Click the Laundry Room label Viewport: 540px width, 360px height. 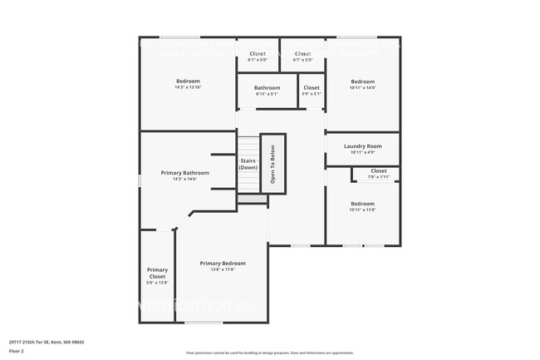pyautogui.click(x=362, y=146)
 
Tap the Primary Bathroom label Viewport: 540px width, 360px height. pyautogui.click(x=184, y=173)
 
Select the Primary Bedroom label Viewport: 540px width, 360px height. pyautogui.click(x=223, y=264)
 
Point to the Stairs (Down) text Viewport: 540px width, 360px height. pyautogui.click(x=248, y=164)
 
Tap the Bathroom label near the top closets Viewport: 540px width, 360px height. pyautogui.click(x=267, y=87)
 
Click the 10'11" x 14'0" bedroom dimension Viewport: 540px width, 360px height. pyautogui.click(x=362, y=87)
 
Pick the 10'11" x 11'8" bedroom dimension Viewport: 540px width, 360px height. pyautogui.click(x=362, y=210)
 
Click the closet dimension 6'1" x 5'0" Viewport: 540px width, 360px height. pyautogui.click(x=258, y=60)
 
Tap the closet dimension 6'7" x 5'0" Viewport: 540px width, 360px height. pyautogui.click(x=302, y=60)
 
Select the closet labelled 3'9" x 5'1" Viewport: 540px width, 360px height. pyautogui.click(x=311, y=93)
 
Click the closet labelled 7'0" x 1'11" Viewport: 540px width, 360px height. pyautogui.click(x=378, y=176)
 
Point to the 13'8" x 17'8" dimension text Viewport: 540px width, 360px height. pyautogui.click(x=223, y=269)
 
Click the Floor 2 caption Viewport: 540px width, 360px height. pyautogui.click(x=17, y=352)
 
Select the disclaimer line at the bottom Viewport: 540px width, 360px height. pyautogui.click(x=269, y=353)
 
